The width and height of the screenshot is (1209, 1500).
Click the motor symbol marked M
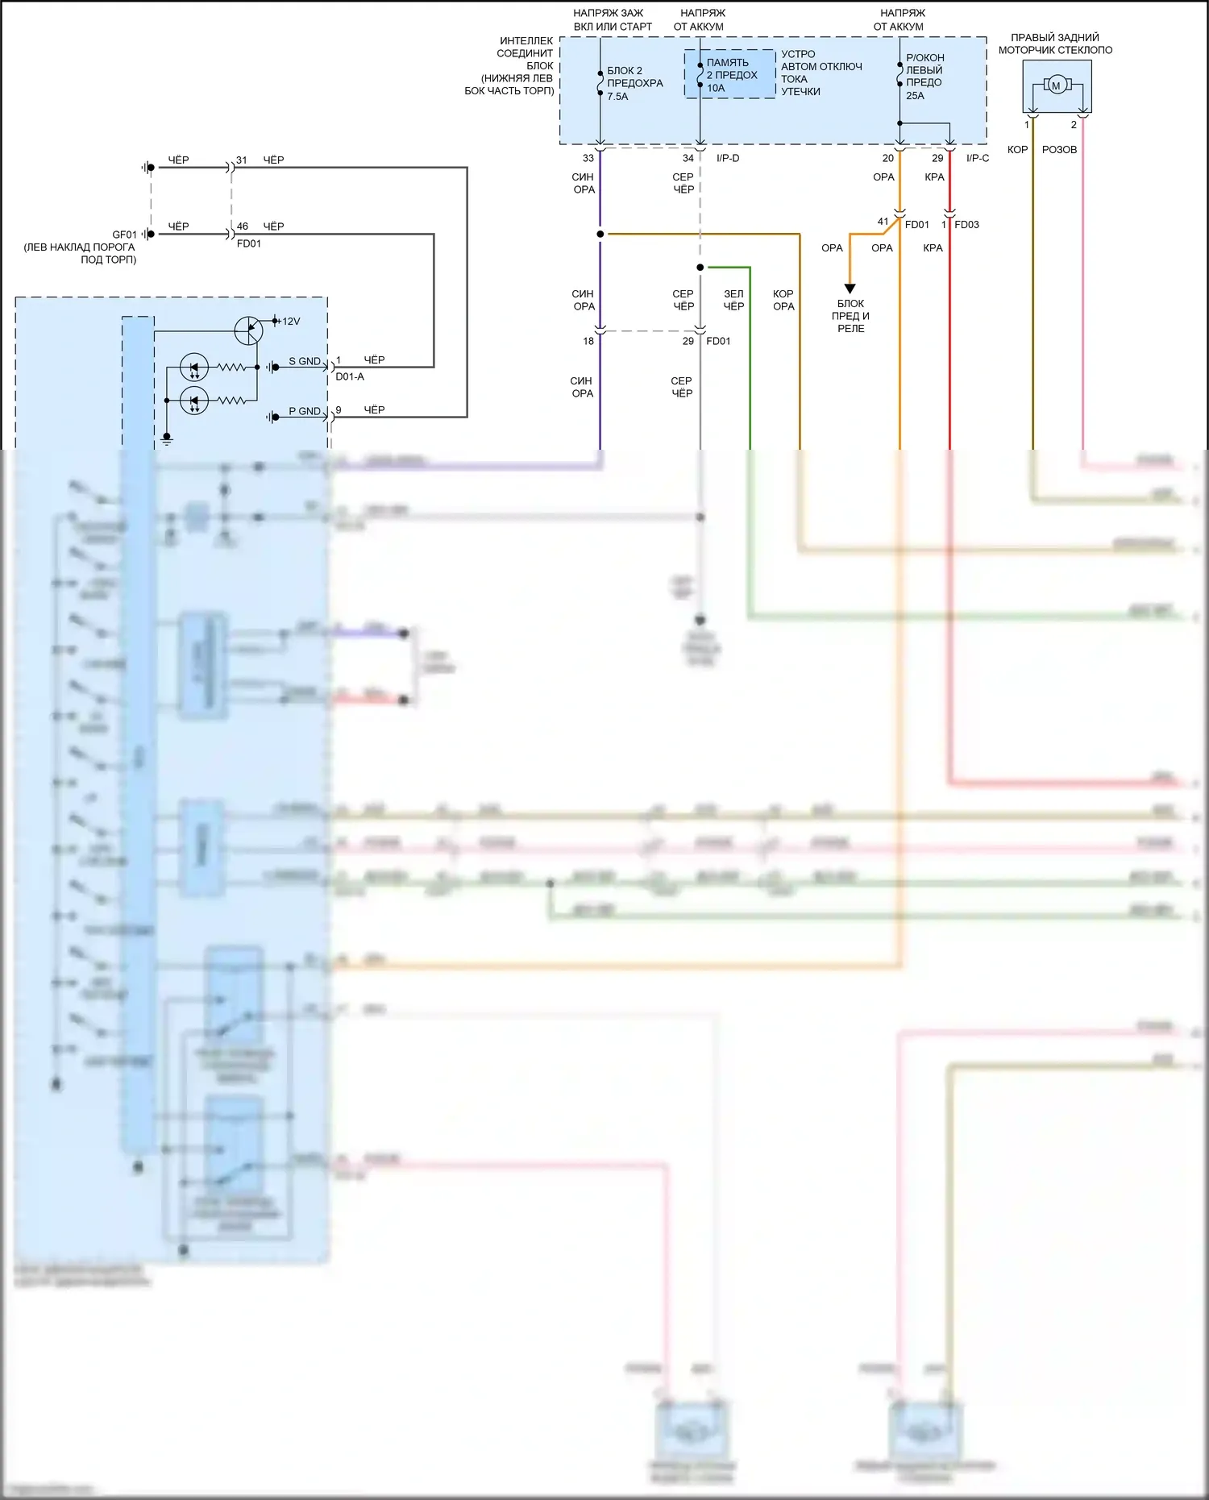[1055, 85]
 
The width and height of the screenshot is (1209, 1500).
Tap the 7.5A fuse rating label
[617, 97]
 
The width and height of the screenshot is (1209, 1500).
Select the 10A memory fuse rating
[716, 89]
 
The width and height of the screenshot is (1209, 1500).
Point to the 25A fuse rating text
[915, 96]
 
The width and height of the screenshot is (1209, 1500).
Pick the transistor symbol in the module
[248, 330]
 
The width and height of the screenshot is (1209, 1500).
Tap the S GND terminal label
[304, 362]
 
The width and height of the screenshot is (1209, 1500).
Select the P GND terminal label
[304, 412]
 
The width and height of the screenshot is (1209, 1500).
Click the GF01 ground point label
[124, 235]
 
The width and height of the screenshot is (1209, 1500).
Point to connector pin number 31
[242, 160]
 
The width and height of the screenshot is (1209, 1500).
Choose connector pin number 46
[243, 226]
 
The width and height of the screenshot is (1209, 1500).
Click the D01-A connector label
[350, 376]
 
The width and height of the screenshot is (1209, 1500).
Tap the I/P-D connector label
[728, 159]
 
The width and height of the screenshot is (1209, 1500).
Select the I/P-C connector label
[978, 159]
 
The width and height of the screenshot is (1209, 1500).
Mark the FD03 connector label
[966, 225]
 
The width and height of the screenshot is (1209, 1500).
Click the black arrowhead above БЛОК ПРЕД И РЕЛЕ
[850, 289]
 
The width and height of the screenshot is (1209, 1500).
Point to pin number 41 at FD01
[883, 222]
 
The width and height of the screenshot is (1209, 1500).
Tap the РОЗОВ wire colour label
[1059, 150]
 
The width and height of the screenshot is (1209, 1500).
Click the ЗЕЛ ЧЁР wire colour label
[733, 300]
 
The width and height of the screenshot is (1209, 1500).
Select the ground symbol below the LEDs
[167, 438]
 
